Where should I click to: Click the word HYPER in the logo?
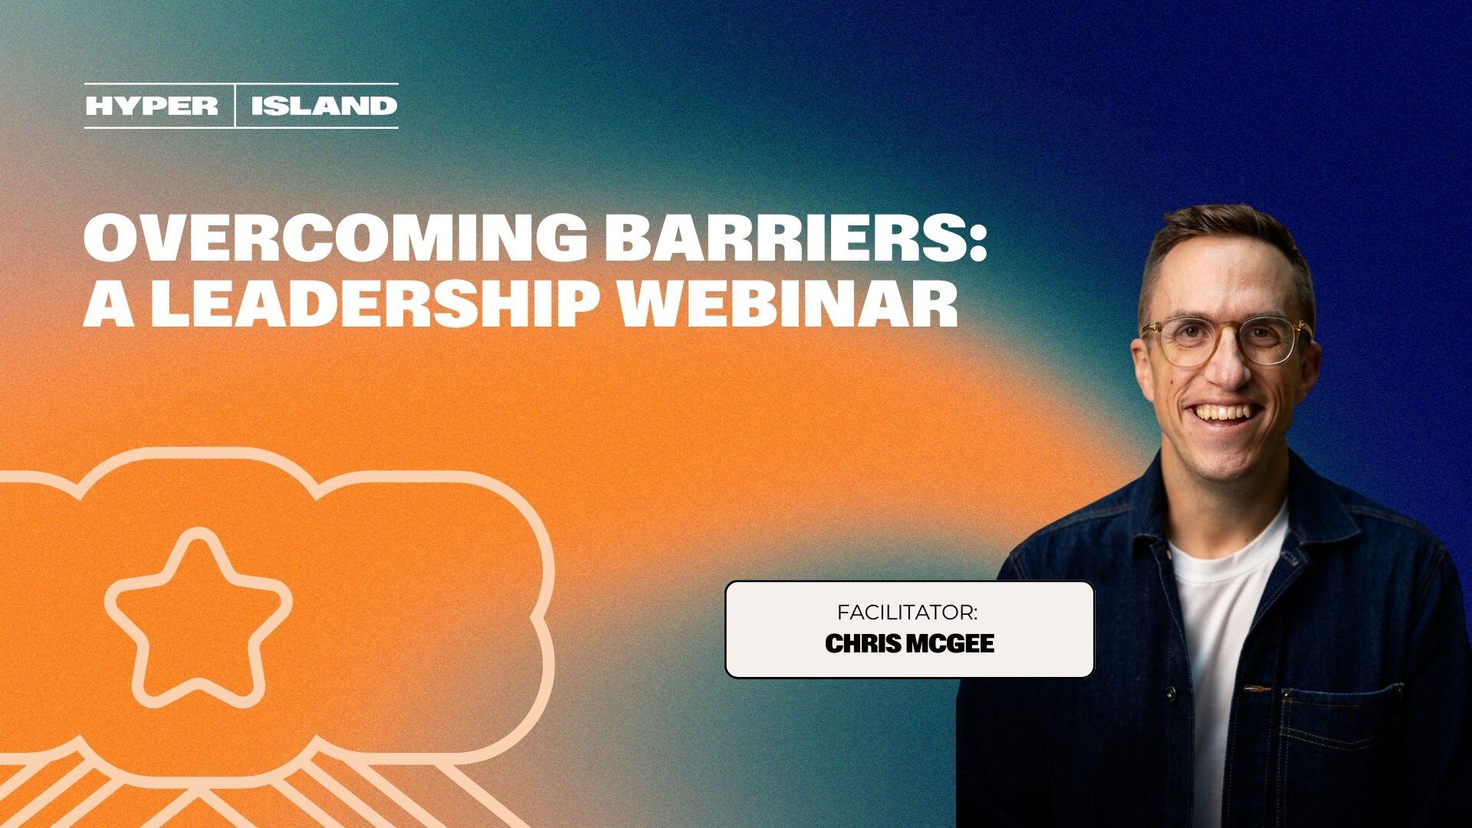tap(152, 106)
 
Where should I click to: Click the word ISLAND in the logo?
tap(324, 106)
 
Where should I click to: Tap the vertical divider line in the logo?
tap(235, 106)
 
